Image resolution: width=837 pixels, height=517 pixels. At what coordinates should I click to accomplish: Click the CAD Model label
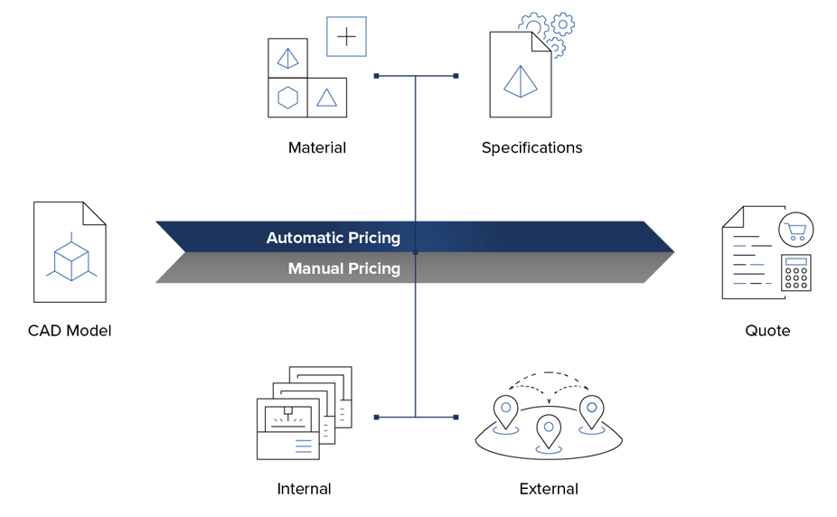70,331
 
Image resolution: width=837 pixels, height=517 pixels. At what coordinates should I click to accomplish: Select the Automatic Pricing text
333,239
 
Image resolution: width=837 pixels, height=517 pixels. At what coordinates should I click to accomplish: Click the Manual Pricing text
343,268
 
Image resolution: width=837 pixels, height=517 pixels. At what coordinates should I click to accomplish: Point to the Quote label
767,331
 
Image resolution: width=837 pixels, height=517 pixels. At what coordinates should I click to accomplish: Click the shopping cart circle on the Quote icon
796,230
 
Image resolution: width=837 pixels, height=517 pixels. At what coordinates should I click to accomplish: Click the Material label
317,147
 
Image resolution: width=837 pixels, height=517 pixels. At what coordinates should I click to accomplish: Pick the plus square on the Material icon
345,37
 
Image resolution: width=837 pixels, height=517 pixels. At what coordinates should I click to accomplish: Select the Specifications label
531,147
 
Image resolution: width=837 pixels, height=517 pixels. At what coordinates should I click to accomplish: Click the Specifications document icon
519,76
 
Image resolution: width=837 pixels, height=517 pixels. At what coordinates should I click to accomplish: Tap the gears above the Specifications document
546,30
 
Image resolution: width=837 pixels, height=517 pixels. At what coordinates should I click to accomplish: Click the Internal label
304,489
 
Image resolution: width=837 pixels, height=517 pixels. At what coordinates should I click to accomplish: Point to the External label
549,489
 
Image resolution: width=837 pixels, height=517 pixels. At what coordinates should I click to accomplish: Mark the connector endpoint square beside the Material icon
376,76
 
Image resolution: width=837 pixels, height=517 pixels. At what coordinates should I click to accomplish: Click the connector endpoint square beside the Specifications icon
456,76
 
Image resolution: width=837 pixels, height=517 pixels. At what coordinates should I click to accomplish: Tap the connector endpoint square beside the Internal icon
376,417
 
